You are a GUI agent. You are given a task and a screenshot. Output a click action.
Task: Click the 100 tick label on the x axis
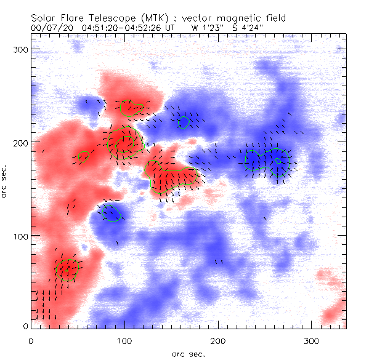(125, 340)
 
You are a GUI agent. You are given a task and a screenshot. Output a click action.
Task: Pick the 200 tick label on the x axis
(219, 340)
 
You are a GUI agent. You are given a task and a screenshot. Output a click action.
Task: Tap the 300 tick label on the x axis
(312, 340)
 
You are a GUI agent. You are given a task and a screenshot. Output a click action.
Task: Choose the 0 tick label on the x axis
(31, 340)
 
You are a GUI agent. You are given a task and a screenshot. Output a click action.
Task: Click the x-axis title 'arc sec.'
(188, 354)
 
